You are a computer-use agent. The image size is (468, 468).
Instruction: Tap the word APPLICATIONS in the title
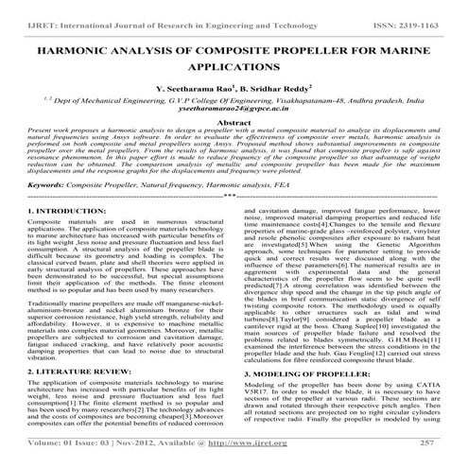coord(233,70)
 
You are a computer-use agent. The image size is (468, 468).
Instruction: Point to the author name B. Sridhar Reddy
coord(281,92)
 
